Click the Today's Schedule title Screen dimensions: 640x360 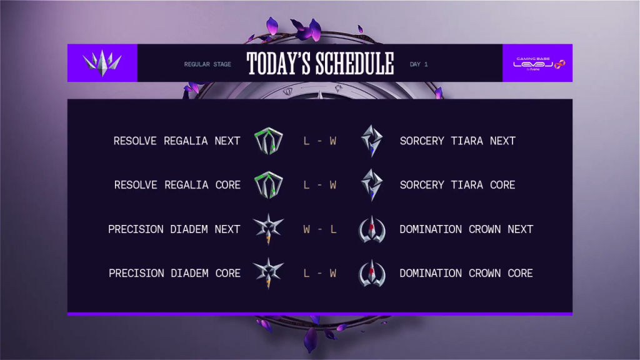point(320,64)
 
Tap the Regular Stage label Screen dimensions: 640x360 point(207,64)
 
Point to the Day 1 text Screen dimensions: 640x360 point(419,64)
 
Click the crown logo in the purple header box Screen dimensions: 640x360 point(102,63)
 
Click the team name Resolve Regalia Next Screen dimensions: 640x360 point(177,141)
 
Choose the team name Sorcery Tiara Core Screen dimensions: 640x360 point(457,185)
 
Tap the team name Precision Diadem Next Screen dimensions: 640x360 point(174,229)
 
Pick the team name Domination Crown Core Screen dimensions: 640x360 point(466,273)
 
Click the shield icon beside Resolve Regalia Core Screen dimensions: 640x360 point(269,185)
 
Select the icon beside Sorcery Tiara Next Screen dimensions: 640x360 point(372,141)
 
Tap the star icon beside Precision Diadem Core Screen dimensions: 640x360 point(268,273)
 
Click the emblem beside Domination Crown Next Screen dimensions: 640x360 point(372,229)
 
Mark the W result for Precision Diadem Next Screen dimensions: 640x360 point(306,229)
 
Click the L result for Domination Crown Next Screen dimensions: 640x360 point(334,229)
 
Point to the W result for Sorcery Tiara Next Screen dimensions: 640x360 point(333,141)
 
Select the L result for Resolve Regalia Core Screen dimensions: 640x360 point(306,185)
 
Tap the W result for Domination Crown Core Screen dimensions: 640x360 point(333,273)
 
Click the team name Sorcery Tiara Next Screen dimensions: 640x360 point(457,141)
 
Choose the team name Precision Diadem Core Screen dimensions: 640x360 point(175,273)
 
